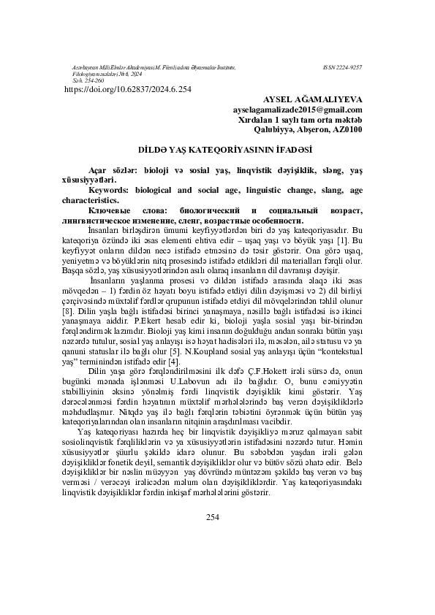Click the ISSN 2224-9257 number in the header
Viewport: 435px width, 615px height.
(341, 66)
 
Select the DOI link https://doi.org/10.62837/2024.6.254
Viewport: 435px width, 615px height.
(129, 90)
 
